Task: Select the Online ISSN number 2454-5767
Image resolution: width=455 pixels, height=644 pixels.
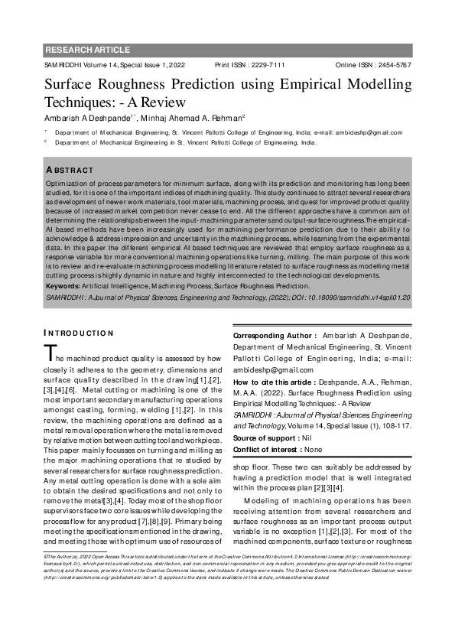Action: click(x=393, y=66)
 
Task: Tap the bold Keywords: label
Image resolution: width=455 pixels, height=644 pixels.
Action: click(x=67, y=285)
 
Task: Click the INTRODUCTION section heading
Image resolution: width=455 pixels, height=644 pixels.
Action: click(x=79, y=333)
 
